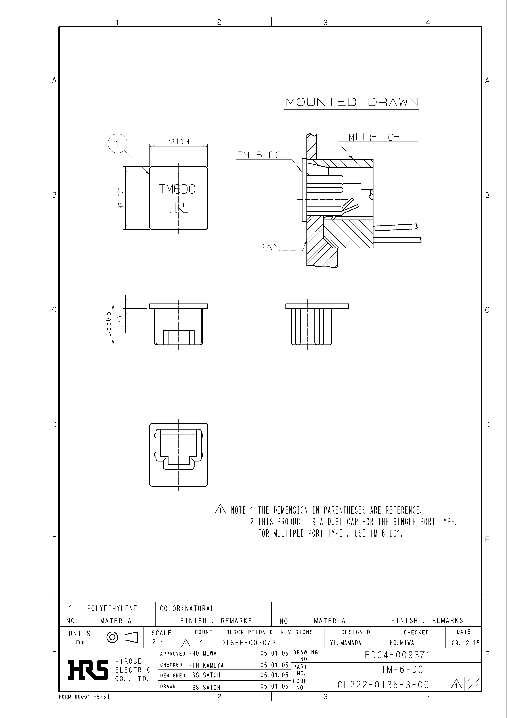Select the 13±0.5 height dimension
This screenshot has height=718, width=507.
121,198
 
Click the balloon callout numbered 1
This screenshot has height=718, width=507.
117,144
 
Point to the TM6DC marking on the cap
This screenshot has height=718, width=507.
177,189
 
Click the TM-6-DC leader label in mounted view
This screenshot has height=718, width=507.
259,155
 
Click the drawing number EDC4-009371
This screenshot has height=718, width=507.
398,655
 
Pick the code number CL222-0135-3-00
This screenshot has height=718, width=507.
383,685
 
